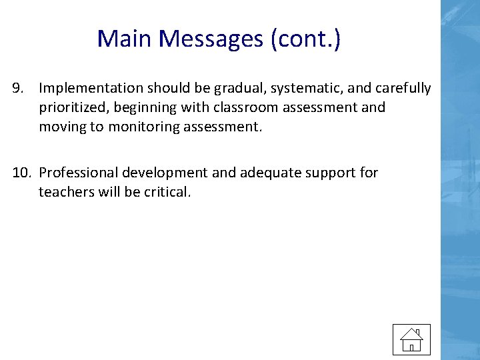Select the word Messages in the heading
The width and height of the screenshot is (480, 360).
pos(213,39)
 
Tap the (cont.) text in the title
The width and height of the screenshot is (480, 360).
pos(305,39)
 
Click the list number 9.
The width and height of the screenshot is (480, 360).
pos(18,89)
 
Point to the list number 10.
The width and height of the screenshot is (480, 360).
pos(21,173)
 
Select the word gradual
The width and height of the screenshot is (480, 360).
pos(224,89)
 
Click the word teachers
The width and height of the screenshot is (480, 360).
pos(65,193)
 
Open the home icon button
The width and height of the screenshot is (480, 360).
pos(411,339)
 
